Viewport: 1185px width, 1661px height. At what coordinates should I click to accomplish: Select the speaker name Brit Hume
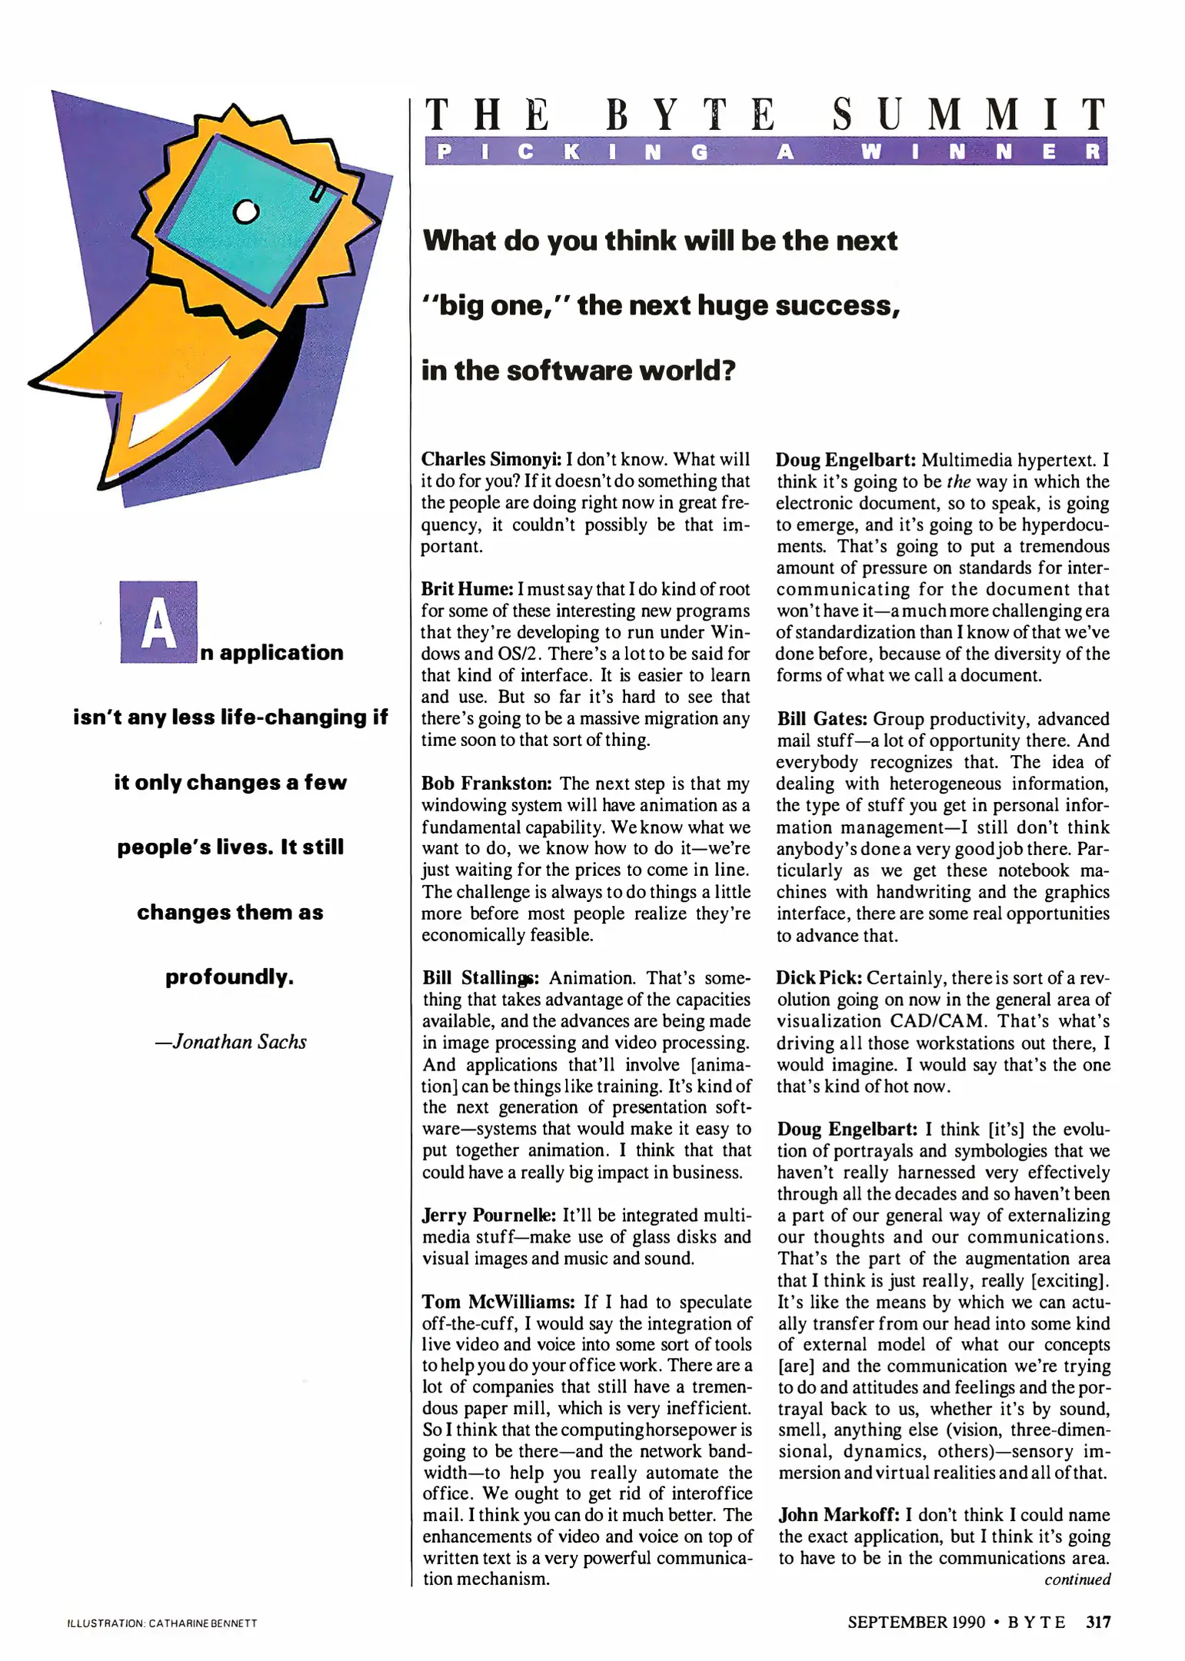(x=467, y=589)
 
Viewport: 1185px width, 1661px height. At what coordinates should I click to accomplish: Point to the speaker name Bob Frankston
(x=486, y=784)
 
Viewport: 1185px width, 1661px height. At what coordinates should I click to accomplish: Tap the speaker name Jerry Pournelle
(x=489, y=1216)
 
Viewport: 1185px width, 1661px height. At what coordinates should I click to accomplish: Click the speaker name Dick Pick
(x=818, y=978)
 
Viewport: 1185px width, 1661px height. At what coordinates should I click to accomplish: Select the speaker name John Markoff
(x=838, y=1515)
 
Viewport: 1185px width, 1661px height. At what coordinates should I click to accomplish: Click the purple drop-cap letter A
(x=158, y=623)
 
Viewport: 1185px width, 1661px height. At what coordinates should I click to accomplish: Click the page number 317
(x=1098, y=1622)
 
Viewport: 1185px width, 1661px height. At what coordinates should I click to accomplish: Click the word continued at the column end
(x=1077, y=1579)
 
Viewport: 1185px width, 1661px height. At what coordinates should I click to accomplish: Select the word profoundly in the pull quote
(x=229, y=977)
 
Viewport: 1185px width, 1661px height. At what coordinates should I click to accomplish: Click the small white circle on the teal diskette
(x=245, y=211)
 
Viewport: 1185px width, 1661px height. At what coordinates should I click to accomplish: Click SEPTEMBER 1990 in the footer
(x=916, y=1622)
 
